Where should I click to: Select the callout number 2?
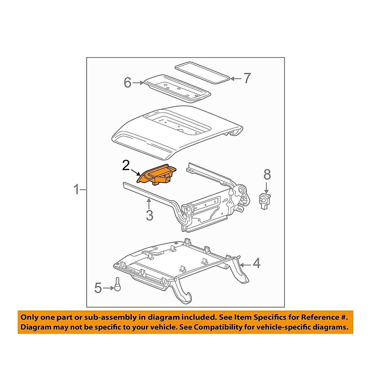(x=126, y=165)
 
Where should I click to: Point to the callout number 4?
(x=257, y=264)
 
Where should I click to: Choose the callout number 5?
(x=98, y=288)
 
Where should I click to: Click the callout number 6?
(x=127, y=83)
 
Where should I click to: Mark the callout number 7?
(x=246, y=79)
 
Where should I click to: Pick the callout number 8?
(x=267, y=175)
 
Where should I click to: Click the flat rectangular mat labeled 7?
(x=203, y=73)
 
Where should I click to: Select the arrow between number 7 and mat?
(x=236, y=79)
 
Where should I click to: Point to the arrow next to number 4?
(x=245, y=265)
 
